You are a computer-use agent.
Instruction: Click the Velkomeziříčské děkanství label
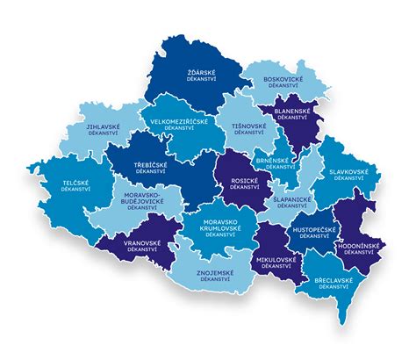tap(180, 126)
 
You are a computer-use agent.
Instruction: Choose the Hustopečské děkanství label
tap(313, 231)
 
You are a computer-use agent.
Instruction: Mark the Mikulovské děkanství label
tap(275, 264)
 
